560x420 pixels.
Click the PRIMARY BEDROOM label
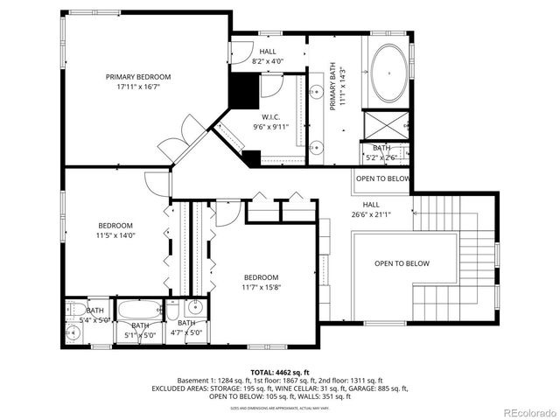[138, 77]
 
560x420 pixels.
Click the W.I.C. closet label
[270, 116]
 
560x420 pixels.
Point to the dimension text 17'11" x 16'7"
[138, 87]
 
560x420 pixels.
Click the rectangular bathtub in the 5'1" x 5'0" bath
[141, 309]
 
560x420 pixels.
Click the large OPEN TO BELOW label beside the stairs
[402, 263]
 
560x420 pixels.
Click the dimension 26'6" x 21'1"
[371, 213]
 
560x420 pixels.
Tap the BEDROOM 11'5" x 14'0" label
[115, 230]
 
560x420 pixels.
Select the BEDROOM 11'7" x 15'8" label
[261, 282]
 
